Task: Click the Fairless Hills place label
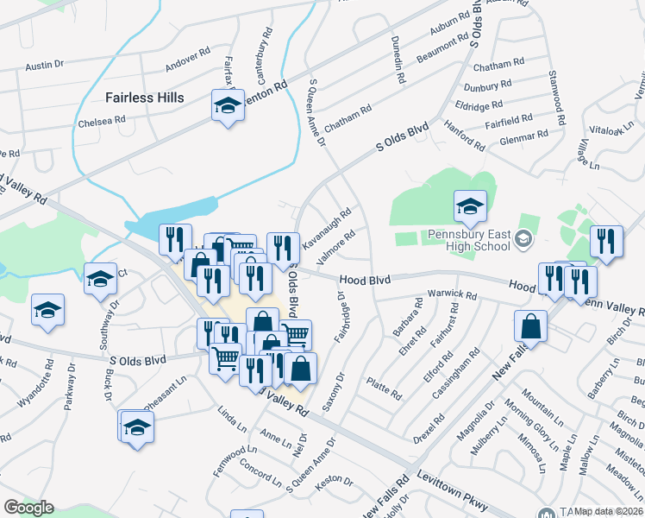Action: [x=145, y=98]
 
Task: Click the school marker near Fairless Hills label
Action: [x=227, y=106]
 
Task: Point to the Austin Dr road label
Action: [x=45, y=65]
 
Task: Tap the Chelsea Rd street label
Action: [x=103, y=121]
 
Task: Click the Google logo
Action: [x=28, y=507]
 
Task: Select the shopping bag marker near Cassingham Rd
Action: [x=530, y=327]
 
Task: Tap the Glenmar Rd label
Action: [x=524, y=136]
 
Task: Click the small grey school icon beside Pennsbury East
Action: [x=523, y=237]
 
